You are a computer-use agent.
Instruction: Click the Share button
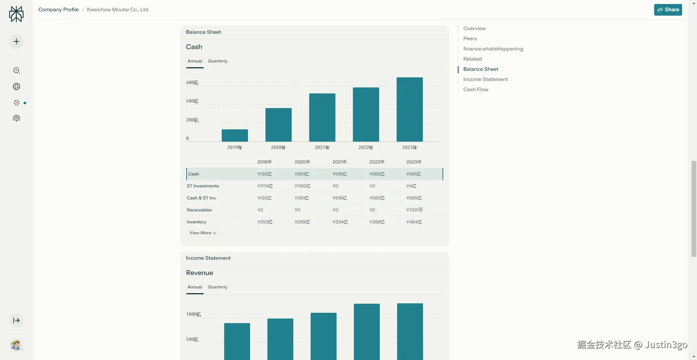point(668,10)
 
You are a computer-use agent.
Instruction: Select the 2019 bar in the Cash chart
point(235,135)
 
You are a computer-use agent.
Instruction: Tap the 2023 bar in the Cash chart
point(409,109)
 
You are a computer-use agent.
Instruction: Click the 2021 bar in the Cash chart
point(322,117)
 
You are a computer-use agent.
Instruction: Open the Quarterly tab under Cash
point(217,61)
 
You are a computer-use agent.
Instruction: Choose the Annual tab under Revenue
point(195,287)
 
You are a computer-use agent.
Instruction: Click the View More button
point(203,233)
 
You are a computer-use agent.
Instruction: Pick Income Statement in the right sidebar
point(485,79)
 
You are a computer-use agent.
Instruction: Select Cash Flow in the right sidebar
point(476,89)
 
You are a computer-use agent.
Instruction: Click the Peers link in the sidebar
point(470,39)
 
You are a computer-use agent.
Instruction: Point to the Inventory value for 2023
point(414,222)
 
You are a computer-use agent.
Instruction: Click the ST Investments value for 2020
point(302,186)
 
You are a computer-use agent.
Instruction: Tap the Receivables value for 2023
point(414,210)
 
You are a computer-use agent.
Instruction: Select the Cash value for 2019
point(264,174)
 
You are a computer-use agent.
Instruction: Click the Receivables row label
point(199,210)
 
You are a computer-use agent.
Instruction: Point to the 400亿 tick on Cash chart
point(192,101)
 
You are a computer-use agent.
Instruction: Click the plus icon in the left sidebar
point(16,42)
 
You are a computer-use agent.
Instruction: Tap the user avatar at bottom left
point(16,345)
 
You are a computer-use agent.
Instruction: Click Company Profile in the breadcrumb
point(58,9)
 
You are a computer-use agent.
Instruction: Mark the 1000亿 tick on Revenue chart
point(193,314)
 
